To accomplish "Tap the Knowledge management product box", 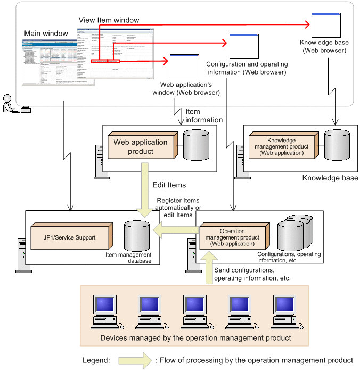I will click(x=283, y=145).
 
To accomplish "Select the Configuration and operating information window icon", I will click(x=243, y=46).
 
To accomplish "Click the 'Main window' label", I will click(x=46, y=34).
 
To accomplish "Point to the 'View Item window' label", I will click(x=109, y=20).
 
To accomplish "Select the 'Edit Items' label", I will click(x=169, y=185).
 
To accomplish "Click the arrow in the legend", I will click(x=135, y=360).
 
